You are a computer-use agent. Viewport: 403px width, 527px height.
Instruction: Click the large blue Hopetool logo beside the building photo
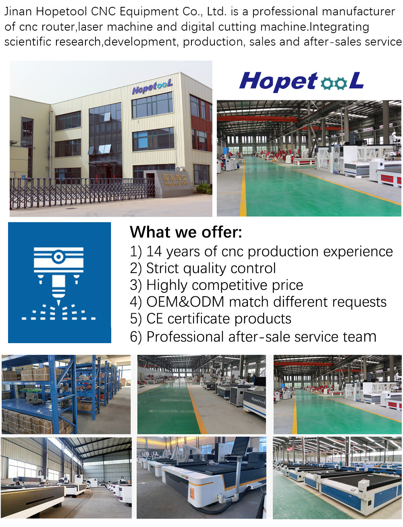tap(301, 81)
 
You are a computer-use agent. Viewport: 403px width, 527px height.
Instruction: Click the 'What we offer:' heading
tap(186, 232)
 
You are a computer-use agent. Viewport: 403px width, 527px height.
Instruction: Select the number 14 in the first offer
tap(154, 252)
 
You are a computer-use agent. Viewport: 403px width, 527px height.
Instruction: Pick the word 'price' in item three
tap(287, 285)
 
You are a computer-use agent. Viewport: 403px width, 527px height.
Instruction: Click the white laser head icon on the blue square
tap(59, 274)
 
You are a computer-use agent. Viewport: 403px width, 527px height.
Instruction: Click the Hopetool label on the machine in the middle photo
tap(258, 400)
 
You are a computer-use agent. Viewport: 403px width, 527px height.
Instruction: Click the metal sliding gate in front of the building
tap(81, 192)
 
